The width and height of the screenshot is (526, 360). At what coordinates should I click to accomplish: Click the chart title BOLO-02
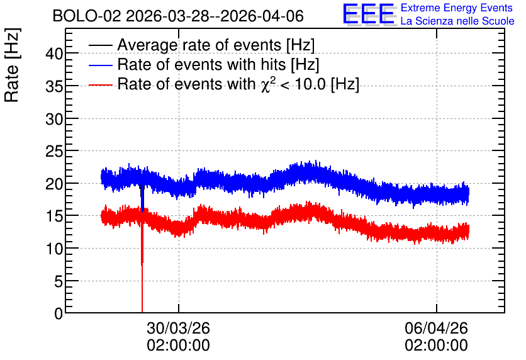click(x=87, y=16)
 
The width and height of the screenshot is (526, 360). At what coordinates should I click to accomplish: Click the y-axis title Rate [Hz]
click(x=12, y=65)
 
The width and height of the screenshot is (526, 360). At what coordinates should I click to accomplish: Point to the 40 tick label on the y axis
click(x=54, y=53)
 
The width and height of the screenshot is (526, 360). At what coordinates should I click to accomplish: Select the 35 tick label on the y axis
click(x=54, y=86)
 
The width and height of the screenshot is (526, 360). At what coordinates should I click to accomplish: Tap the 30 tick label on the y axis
click(x=54, y=119)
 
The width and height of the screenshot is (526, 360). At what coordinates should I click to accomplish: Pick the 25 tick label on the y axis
click(x=54, y=151)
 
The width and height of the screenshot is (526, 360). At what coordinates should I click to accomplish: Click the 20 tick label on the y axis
click(x=54, y=184)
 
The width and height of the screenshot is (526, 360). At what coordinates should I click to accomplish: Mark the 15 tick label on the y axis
click(x=54, y=216)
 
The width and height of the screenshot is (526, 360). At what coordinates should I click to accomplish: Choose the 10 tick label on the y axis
click(x=54, y=249)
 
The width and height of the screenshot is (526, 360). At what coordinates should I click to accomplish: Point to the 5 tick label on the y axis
click(x=59, y=281)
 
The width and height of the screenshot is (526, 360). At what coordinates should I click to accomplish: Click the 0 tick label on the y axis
click(x=59, y=313)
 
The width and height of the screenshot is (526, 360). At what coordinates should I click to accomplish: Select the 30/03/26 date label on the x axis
click(x=179, y=328)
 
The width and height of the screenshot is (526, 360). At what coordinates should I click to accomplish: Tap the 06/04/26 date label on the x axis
click(x=437, y=328)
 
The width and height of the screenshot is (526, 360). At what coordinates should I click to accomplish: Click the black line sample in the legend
click(x=101, y=45)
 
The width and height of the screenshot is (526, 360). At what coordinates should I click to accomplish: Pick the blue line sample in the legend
click(x=101, y=65)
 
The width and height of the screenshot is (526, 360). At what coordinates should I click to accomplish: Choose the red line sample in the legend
click(x=101, y=85)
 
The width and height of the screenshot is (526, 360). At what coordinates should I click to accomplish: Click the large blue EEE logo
click(x=368, y=14)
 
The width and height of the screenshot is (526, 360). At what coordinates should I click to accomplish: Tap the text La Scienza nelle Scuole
click(x=457, y=21)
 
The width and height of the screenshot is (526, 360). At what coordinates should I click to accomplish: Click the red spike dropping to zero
click(x=142, y=265)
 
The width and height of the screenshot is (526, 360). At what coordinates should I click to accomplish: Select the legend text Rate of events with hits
click(x=201, y=64)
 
